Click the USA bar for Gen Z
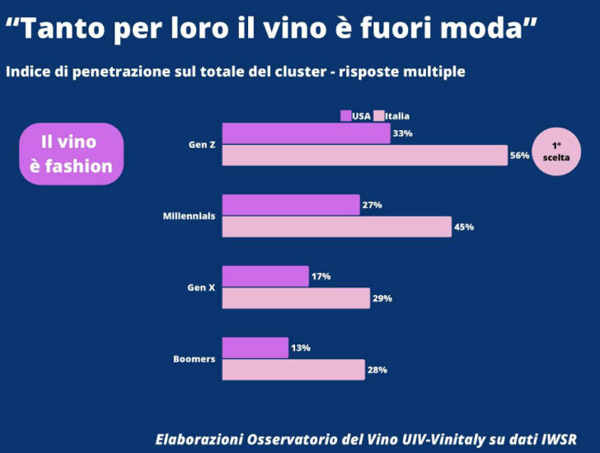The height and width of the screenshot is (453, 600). (x=306, y=133)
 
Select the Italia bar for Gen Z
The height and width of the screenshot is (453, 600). (x=364, y=155)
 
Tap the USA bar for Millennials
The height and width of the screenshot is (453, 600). (x=291, y=204)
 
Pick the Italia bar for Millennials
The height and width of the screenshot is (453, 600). (x=336, y=226)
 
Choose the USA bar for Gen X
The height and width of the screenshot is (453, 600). (x=265, y=277)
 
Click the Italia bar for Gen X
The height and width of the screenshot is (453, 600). (x=296, y=298)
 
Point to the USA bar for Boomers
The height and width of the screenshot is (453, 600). (x=255, y=348)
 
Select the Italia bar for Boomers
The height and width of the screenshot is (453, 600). (x=293, y=370)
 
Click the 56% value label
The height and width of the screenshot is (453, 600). (x=519, y=156)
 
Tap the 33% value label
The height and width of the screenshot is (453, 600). (x=402, y=133)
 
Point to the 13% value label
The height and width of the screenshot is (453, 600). (x=301, y=348)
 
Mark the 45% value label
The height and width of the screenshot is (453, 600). (x=464, y=226)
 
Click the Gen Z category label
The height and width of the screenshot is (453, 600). (x=202, y=144)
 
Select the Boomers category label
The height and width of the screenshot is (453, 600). (x=195, y=359)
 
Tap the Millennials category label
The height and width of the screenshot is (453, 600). (x=189, y=216)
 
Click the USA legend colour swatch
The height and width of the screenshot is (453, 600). (x=346, y=116)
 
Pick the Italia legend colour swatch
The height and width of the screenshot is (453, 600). (x=380, y=116)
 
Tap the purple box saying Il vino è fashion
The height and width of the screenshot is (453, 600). (x=71, y=154)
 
